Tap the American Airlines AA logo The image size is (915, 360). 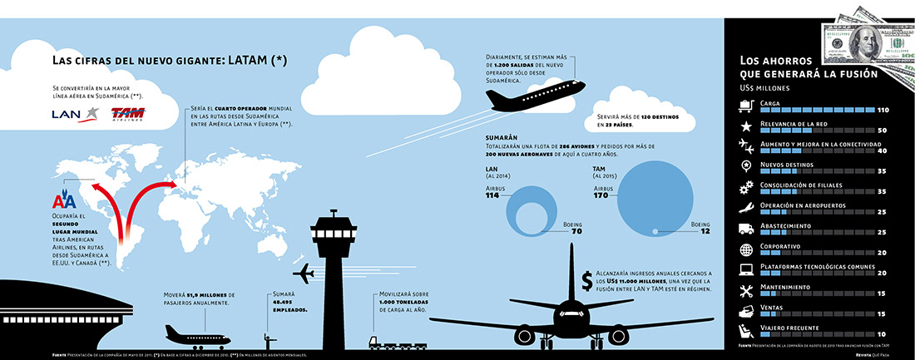pos(64,201)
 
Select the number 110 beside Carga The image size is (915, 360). pos(883,110)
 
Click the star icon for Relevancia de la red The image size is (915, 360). pos(745,126)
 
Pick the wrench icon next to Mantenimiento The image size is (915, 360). pos(745,291)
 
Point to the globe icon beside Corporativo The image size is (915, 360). pos(745,250)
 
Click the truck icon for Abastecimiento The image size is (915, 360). pos(745,229)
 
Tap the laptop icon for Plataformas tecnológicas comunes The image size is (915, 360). pos(745,270)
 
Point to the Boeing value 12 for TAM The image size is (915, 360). pos(705,231)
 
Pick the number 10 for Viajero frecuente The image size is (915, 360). pos(883,333)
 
